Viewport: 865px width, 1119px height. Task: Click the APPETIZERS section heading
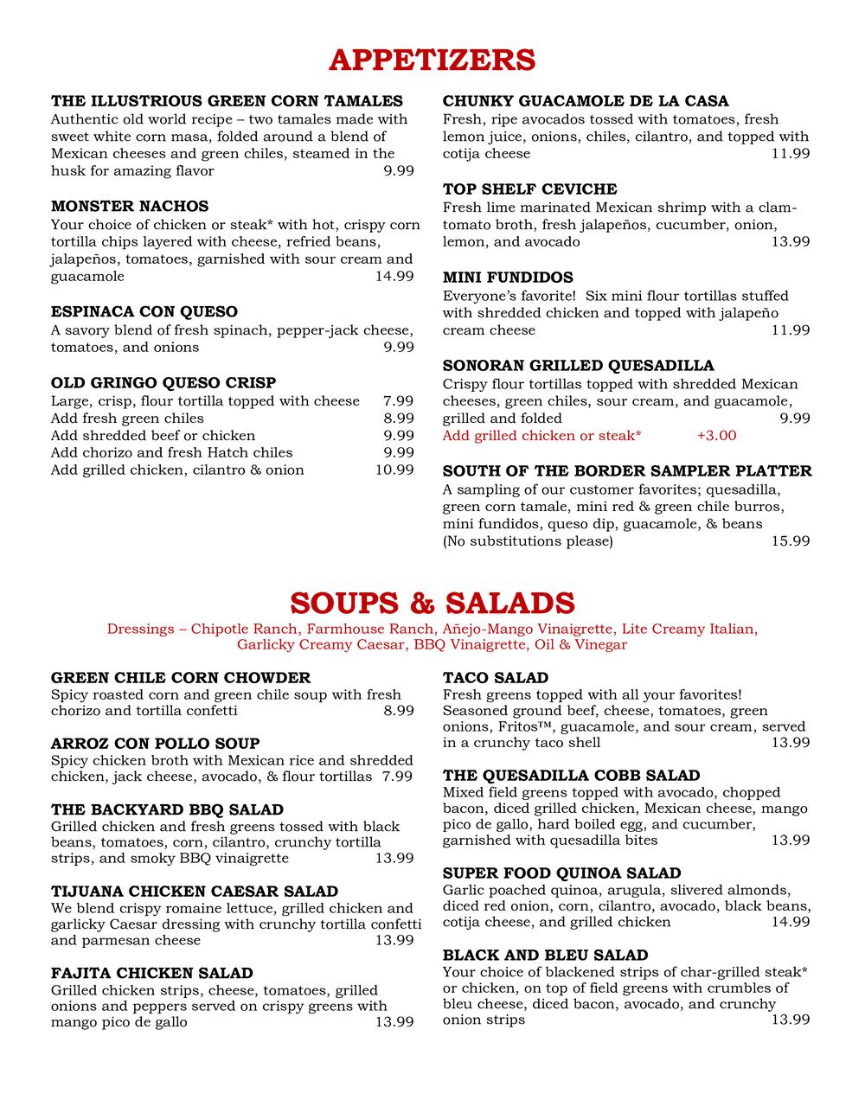[x=432, y=60]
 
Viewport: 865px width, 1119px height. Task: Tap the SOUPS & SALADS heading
[x=432, y=602]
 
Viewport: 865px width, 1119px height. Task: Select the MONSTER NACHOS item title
[x=130, y=206]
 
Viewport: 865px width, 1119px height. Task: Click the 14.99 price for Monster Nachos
[x=394, y=277]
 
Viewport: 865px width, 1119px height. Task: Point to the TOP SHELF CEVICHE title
[x=529, y=189]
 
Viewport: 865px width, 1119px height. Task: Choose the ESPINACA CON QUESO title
[x=144, y=311]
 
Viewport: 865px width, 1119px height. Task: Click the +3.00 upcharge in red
[x=716, y=435]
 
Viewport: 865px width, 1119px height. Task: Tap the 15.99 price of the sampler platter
[x=791, y=541]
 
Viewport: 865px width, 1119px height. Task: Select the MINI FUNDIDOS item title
[x=508, y=278]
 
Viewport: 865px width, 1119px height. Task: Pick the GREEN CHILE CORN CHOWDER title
[x=181, y=678]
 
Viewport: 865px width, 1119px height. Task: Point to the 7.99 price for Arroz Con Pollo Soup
[x=398, y=777]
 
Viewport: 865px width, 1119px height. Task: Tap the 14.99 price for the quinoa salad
[x=791, y=922]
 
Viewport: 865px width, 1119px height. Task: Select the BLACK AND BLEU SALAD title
[x=545, y=955]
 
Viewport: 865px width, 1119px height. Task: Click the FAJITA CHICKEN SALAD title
[x=152, y=973]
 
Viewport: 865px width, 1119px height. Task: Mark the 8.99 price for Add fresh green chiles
[x=398, y=419]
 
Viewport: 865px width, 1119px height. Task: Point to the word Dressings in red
[x=140, y=629]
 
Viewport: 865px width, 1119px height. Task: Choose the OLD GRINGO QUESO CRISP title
[x=163, y=382]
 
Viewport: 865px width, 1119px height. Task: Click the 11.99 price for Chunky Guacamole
[x=791, y=154]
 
